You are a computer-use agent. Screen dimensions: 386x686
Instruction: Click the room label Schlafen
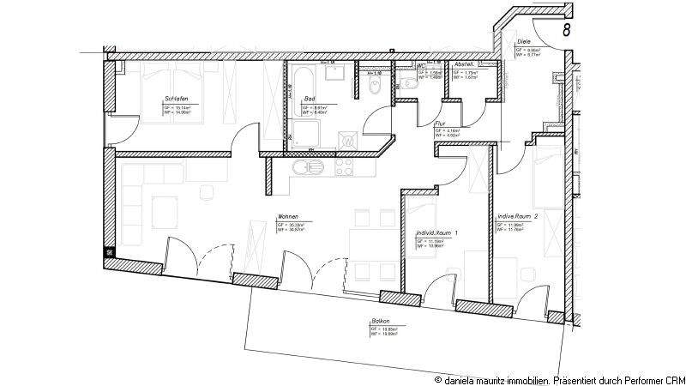tap(176, 99)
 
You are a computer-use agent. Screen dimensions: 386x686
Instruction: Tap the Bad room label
tap(310, 99)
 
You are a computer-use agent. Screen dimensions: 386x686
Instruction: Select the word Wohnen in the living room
tap(287, 216)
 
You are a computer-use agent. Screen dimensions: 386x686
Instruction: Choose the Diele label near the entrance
tap(525, 42)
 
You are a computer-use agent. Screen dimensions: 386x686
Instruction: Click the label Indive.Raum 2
tap(518, 217)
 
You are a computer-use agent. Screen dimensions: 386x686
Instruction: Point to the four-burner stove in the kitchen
tap(345, 166)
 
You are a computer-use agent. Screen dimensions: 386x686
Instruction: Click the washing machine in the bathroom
tap(347, 140)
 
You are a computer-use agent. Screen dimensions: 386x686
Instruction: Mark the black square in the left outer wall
tap(109, 252)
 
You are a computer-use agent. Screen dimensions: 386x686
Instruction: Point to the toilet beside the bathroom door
tap(376, 86)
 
